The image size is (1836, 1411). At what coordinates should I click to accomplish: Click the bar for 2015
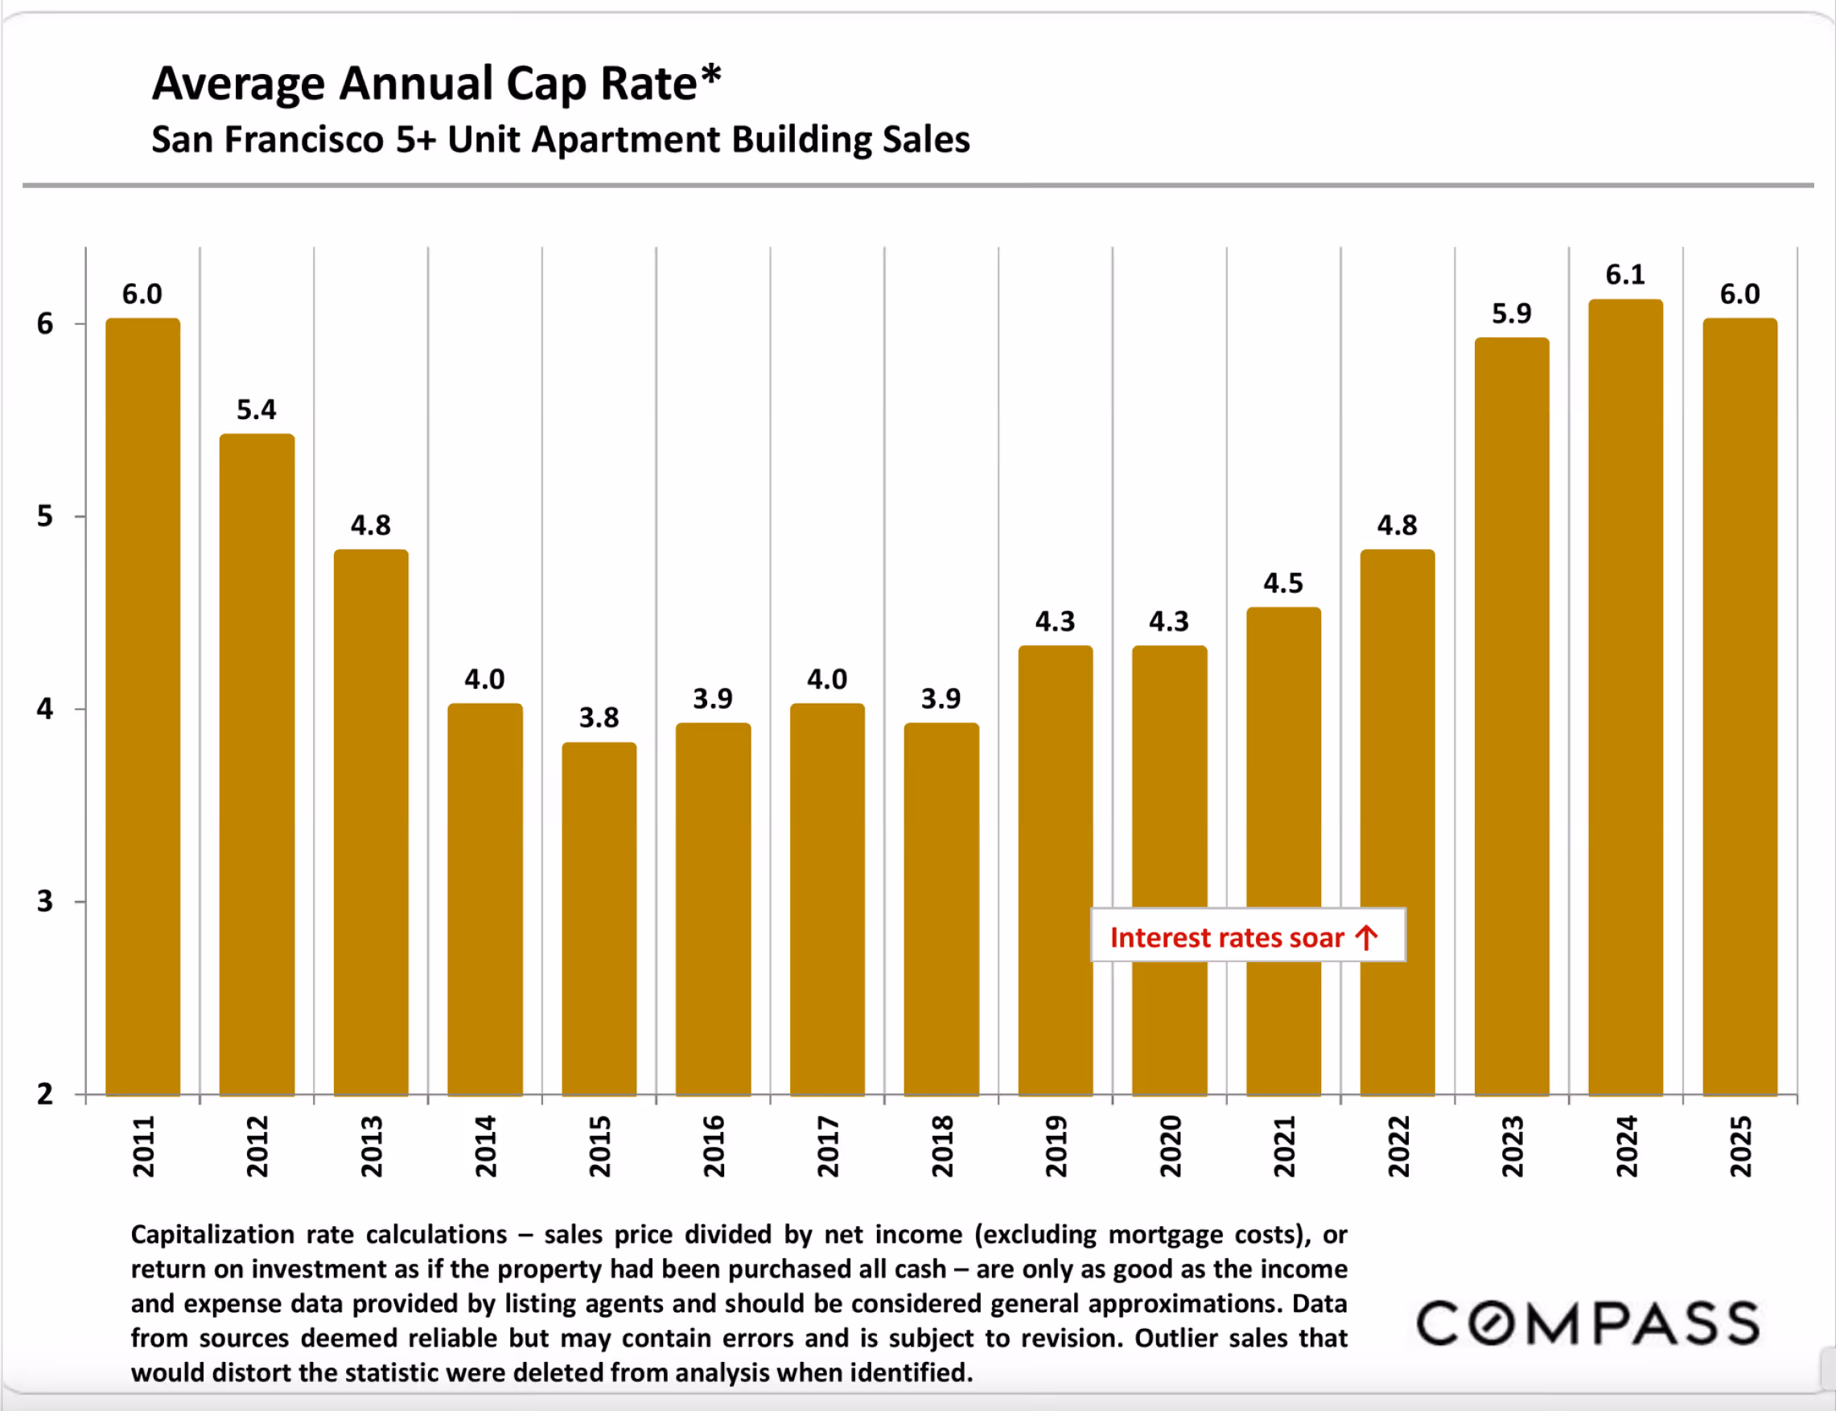coord(599,919)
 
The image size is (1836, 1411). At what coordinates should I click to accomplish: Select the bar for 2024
coord(1625,697)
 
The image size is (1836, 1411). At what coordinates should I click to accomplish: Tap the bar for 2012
coord(257,764)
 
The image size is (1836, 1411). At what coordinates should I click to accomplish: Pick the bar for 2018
coord(941,909)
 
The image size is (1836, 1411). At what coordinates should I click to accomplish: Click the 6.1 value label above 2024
coord(1625,274)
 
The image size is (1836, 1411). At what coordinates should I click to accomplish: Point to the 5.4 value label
coord(256,409)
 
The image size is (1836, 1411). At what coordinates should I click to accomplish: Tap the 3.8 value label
coord(599,718)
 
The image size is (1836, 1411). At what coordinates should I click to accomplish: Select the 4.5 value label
coord(1283,583)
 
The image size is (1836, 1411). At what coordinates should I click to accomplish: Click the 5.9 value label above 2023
coord(1511,314)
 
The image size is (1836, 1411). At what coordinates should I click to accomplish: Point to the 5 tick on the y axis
coord(45,516)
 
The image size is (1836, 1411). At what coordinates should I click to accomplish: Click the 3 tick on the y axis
coord(45,902)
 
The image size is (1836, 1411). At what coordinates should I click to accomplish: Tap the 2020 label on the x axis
coord(1170,1146)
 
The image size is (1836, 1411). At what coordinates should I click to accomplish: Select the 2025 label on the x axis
coord(1740,1146)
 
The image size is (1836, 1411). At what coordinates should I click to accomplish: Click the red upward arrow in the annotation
coord(1366,937)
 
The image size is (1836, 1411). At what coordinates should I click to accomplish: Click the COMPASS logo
coord(1587,1323)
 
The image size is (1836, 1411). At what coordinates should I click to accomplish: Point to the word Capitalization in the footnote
coord(212,1235)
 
